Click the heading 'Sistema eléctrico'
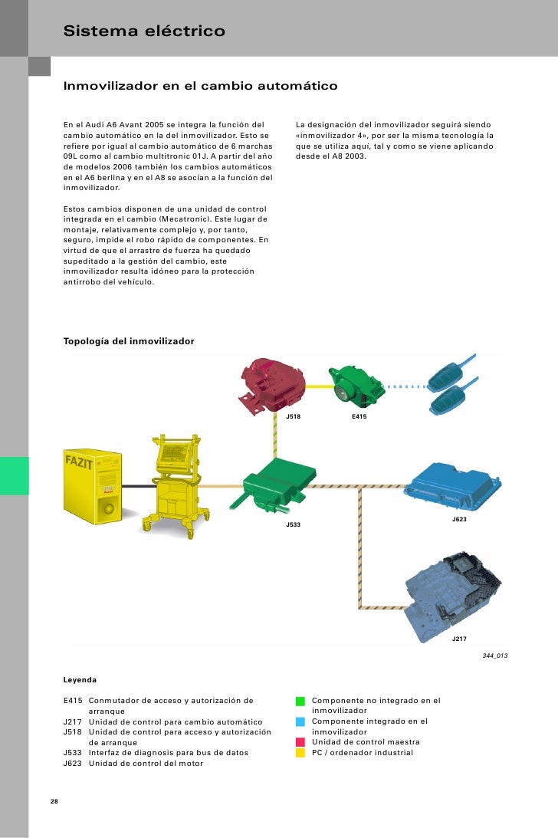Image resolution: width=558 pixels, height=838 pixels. click(144, 31)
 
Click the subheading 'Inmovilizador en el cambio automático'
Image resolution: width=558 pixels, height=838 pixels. click(200, 86)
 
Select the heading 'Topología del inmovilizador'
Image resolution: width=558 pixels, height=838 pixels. click(129, 340)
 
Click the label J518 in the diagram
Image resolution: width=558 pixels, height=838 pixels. click(293, 416)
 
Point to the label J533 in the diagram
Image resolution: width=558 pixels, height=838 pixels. click(293, 524)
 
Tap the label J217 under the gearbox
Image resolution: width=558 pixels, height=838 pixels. click(459, 639)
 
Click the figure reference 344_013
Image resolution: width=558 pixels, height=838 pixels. click(495, 656)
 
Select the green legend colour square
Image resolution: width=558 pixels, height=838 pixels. click(300, 701)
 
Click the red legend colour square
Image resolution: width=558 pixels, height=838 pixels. click(300, 742)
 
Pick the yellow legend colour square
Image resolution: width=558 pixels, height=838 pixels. click(300, 753)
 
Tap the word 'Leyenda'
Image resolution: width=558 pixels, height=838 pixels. click(80, 680)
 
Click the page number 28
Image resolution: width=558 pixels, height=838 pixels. click(54, 802)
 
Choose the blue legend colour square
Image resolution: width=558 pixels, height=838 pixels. click(300, 721)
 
